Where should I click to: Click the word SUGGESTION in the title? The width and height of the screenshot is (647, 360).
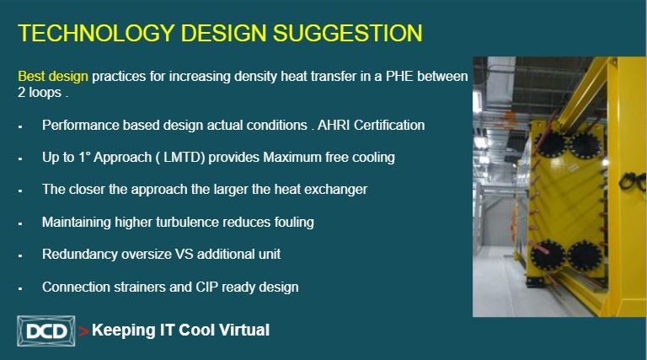click(347, 33)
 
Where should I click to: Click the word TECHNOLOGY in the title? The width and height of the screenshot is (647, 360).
click(97, 33)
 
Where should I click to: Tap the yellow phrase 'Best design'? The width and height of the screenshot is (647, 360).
click(53, 77)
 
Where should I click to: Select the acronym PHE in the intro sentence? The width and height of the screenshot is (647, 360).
click(399, 77)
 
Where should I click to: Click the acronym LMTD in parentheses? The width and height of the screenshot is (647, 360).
click(184, 158)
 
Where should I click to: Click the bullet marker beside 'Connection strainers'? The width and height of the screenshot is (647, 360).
click(20, 288)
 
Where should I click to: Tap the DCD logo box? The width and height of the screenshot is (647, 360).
click(46, 330)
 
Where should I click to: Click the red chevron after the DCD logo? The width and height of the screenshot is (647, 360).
click(83, 331)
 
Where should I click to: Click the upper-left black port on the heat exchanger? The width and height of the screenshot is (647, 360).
click(550, 144)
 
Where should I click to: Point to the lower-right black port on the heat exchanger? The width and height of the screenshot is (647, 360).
click(585, 256)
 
